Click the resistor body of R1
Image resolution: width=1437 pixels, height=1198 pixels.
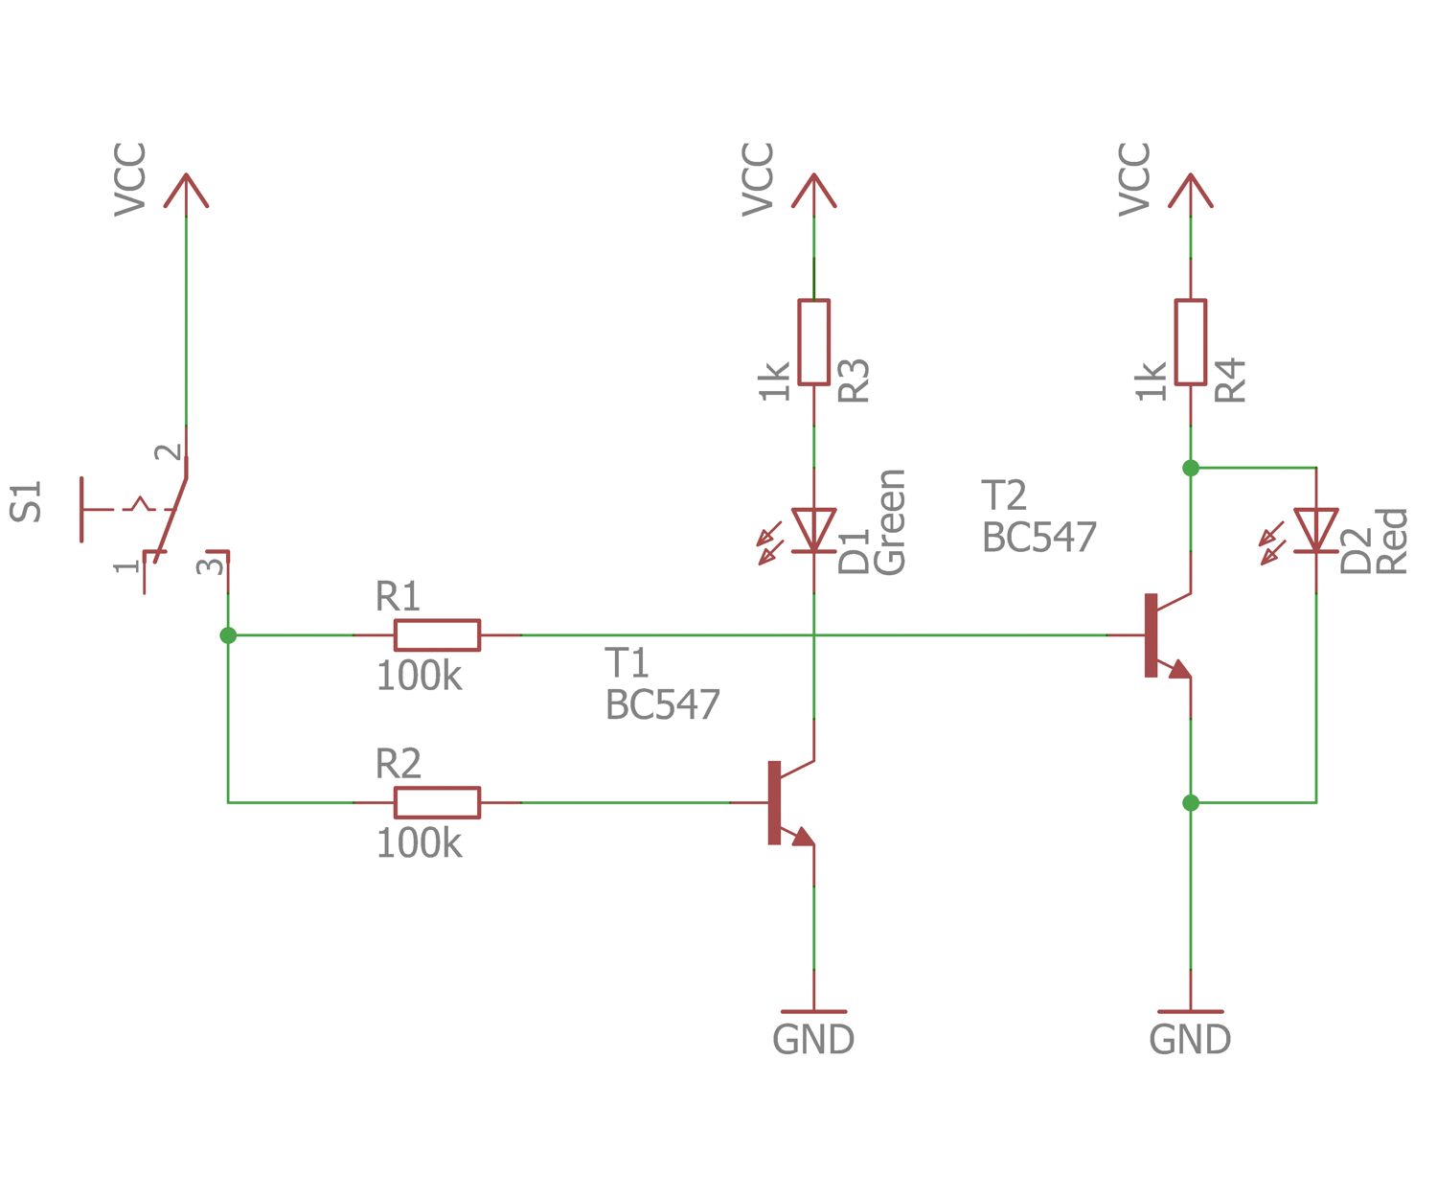pos(437,635)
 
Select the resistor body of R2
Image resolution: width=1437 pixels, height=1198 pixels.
pos(437,802)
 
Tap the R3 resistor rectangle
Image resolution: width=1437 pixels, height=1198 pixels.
pos(813,342)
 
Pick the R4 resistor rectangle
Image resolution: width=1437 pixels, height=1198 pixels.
pos(1190,342)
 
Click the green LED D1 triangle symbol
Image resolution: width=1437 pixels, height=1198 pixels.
pos(813,530)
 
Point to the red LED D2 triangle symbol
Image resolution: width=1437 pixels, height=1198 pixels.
pos(1315,530)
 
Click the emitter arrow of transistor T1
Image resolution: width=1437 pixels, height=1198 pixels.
pos(803,837)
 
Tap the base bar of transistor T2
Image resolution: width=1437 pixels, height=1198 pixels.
pos(1151,635)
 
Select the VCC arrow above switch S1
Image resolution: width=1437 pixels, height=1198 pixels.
pos(186,191)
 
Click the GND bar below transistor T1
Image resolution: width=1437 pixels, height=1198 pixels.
pos(813,1011)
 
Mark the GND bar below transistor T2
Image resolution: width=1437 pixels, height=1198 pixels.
pos(1190,1011)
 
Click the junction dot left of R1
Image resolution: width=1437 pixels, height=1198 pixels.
pos(228,635)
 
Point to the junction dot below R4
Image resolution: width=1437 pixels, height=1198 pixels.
pos(1190,468)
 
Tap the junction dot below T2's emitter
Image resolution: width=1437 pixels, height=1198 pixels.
pos(1190,802)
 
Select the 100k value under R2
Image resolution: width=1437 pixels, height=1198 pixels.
pos(419,844)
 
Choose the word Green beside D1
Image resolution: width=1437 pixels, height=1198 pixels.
pos(890,522)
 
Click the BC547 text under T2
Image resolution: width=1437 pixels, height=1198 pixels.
pos(1039,538)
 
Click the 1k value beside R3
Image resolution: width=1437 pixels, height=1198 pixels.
pos(774,380)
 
